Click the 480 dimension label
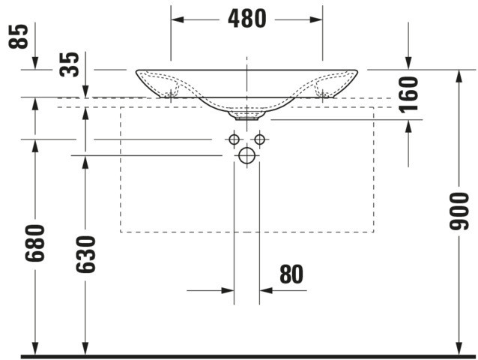(247, 19)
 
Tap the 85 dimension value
(18, 36)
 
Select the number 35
(69, 64)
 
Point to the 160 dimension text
(408, 94)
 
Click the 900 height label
(459, 211)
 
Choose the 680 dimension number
(34, 243)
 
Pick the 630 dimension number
(85, 254)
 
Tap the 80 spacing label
(291, 274)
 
